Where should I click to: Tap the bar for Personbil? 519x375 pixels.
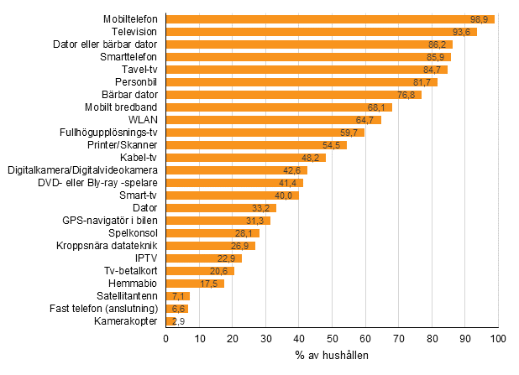click(x=301, y=81)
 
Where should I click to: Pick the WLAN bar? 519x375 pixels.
click(x=273, y=119)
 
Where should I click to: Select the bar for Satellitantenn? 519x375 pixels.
click(x=178, y=295)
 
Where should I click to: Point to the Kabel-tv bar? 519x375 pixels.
click(x=245, y=157)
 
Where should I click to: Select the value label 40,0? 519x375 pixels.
click(x=286, y=195)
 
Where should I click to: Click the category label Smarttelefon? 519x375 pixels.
click(x=129, y=56)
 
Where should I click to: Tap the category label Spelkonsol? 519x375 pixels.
click(x=134, y=232)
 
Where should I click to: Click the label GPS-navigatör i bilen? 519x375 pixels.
click(x=110, y=220)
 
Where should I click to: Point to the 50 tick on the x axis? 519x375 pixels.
click(x=333, y=338)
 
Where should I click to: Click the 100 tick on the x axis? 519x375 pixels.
click(x=499, y=338)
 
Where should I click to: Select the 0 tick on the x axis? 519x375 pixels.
click(x=166, y=338)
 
